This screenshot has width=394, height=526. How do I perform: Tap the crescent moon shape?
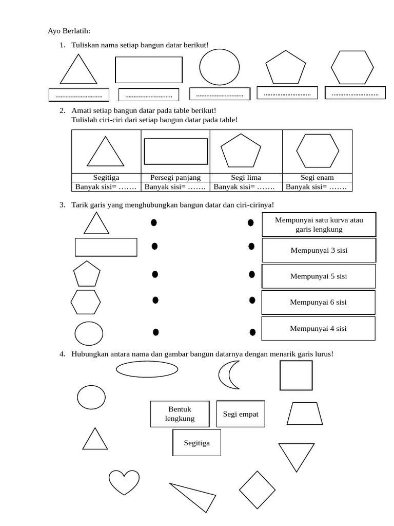228,375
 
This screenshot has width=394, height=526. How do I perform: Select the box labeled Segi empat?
241,414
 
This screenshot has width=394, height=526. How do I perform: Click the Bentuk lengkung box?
180,414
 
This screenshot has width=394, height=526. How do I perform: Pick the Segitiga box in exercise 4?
197,443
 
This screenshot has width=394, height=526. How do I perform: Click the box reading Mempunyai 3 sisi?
319,251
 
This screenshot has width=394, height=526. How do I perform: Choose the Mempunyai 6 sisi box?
318,302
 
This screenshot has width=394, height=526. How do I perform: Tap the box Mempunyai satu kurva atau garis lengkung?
319,225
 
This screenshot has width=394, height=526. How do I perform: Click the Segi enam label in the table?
318,178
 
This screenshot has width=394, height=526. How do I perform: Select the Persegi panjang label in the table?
175,178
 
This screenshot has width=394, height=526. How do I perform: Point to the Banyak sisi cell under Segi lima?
246,187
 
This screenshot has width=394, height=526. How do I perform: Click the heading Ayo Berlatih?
69,31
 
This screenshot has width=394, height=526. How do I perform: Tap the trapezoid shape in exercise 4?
305,414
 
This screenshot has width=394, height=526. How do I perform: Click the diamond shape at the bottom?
258,490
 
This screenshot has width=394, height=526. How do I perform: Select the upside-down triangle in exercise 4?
296,455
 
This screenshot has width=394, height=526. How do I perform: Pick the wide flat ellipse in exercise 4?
147,369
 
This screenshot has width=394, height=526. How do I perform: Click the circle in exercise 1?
219,67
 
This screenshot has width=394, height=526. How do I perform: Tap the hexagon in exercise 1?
352,67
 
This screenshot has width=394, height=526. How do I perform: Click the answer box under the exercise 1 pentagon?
287,93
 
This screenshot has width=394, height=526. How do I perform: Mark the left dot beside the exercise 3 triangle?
153,223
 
